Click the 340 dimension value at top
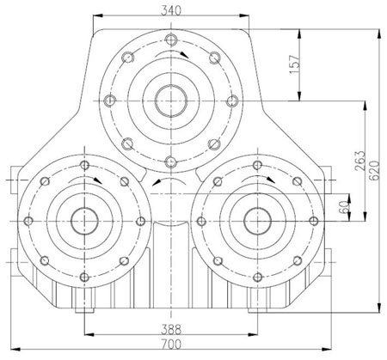click(x=171, y=10)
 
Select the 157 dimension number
click(x=295, y=64)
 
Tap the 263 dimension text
click(x=360, y=162)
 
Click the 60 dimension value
click(x=344, y=207)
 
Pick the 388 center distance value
click(x=171, y=329)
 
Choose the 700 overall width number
click(x=171, y=345)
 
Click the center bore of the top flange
click(x=171, y=101)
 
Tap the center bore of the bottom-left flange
click(x=84, y=222)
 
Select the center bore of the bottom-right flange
click(x=258, y=222)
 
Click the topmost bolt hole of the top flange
click(x=171, y=39)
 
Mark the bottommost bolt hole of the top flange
click(x=171, y=162)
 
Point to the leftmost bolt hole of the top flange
click(x=109, y=101)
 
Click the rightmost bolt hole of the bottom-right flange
click(x=314, y=221)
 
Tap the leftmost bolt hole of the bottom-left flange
click(x=28, y=221)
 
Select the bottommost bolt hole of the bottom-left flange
click(x=84, y=277)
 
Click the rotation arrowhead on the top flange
click(x=184, y=54)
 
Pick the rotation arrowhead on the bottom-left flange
click(x=98, y=180)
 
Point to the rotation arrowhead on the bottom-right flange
click(x=270, y=180)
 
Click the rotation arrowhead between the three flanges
click(x=157, y=182)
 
